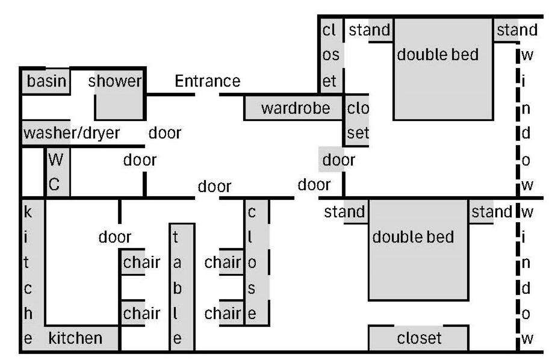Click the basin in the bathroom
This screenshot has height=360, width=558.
[x=46, y=81]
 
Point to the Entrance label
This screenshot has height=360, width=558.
[x=207, y=81]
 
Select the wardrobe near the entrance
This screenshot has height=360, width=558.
[x=294, y=108]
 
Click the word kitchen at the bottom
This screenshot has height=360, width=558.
[x=75, y=338]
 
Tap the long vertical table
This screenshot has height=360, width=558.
[x=182, y=287]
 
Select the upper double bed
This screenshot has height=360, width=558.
[x=442, y=69]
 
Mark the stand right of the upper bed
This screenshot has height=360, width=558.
[x=515, y=29]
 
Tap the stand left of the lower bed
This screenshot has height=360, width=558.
[x=345, y=212]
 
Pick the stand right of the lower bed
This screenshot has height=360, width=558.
[x=491, y=212]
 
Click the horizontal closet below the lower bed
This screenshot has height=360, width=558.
[x=418, y=338]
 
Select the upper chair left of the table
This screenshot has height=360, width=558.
[x=141, y=262]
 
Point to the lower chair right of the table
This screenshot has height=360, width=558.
[x=223, y=313]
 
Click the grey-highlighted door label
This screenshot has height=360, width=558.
[x=338, y=160]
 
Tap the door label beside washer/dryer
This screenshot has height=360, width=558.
[x=165, y=132]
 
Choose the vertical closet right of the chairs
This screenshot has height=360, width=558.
[x=255, y=263]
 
